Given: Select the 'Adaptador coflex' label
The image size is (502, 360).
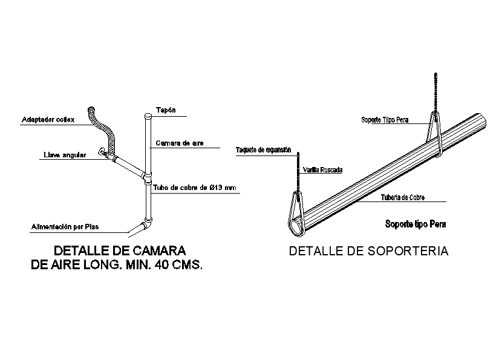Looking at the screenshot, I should point(48,120).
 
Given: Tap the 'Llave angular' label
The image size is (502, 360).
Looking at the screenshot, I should point(65,155).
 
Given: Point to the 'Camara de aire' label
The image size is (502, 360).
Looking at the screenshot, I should point(179,143).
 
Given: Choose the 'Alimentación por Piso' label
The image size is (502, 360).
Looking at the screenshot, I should point(65,227).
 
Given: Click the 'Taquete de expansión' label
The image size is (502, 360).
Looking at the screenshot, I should point(263,150).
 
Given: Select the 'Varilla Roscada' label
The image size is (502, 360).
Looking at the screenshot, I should point(322,171).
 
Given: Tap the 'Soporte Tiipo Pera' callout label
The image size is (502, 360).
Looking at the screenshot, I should point(385,120).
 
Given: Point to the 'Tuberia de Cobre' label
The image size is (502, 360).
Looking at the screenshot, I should point(402,197).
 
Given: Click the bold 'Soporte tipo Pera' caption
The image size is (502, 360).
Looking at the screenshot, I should point(416,224).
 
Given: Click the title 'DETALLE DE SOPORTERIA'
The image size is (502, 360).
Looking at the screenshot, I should point(368,252).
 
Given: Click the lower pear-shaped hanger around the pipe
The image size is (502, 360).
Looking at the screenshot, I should point(296,214).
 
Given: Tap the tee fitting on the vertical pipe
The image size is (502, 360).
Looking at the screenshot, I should point(147,177).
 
